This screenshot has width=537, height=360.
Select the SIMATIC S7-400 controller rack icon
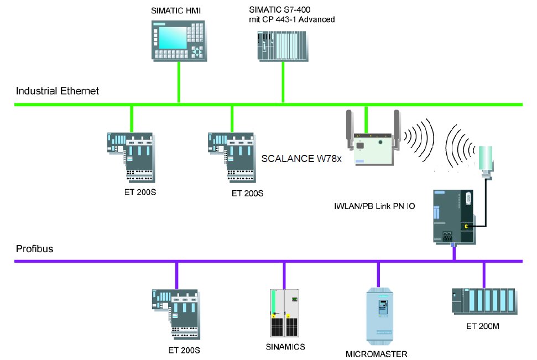click(282, 46)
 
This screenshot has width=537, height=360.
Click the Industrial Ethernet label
click(57, 91)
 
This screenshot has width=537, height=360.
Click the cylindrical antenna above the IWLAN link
click(486, 159)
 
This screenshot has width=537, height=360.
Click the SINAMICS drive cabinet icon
click(284, 313)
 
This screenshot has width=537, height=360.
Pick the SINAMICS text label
click(284, 347)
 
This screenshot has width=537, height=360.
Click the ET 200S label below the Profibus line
click(184, 350)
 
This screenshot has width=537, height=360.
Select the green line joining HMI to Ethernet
click(179, 82)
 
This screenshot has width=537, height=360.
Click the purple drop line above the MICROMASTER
click(379, 274)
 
